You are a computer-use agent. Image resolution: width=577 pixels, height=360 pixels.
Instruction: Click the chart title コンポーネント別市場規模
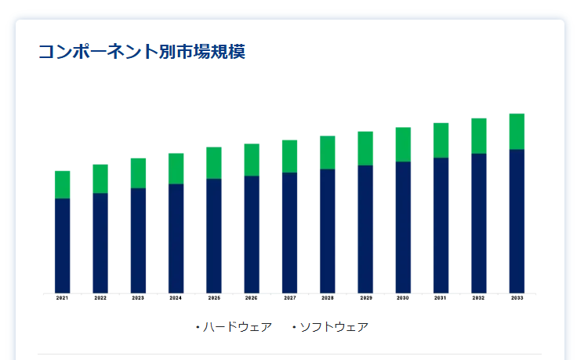(x=142, y=52)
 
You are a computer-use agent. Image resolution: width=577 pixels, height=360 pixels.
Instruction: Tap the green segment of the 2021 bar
(x=63, y=184)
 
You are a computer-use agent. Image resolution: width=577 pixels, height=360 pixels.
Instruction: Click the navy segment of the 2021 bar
(x=63, y=245)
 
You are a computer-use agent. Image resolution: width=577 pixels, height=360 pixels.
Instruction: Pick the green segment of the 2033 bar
(x=517, y=131)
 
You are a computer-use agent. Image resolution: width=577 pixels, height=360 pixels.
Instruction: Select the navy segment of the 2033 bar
(x=517, y=220)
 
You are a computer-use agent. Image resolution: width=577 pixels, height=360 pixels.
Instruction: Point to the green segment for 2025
(x=214, y=162)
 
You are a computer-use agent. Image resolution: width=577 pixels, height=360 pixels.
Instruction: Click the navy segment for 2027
(x=290, y=232)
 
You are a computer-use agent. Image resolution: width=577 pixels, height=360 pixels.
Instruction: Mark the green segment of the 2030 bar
(x=403, y=144)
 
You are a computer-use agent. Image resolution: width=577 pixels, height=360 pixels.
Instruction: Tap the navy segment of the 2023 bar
(x=138, y=240)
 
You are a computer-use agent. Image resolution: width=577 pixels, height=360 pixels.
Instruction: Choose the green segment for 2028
(x=328, y=152)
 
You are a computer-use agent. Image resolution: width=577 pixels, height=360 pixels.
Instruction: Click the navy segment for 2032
(x=478, y=223)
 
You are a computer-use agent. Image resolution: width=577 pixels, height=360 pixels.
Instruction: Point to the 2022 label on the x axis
(x=100, y=298)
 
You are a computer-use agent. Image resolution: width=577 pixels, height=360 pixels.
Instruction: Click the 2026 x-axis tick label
(x=252, y=298)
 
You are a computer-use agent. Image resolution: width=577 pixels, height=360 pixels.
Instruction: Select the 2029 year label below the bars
(x=365, y=298)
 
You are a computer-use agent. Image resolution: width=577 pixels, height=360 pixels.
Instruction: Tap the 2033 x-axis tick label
(x=517, y=298)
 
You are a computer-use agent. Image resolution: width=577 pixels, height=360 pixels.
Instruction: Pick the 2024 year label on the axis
(x=176, y=298)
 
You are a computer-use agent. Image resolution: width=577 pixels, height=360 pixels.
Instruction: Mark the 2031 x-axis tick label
(x=441, y=298)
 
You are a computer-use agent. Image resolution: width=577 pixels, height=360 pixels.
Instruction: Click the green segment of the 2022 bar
(x=100, y=179)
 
